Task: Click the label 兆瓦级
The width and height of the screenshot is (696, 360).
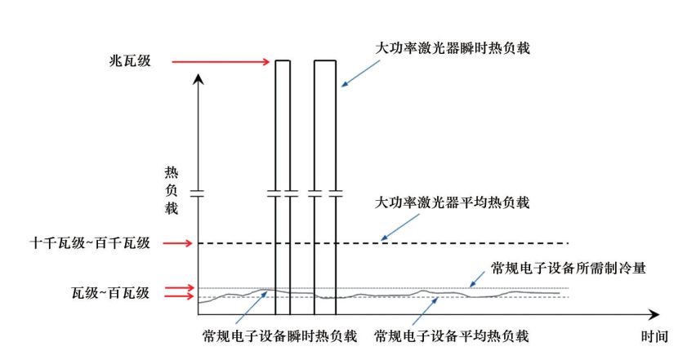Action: pyautogui.click(x=130, y=61)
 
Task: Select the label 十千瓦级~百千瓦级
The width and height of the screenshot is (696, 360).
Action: pyautogui.click(x=89, y=242)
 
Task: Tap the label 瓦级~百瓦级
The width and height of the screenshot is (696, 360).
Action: pyautogui.click(x=110, y=291)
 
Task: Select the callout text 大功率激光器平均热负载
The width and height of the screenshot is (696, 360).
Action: pyautogui.click(x=453, y=202)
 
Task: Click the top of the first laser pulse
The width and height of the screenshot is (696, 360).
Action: pyautogui.click(x=283, y=60)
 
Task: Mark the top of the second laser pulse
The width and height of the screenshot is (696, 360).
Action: pyautogui.click(x=327, y=60)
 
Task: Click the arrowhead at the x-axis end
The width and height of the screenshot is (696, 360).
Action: pyautogui.click(x=654, y=313)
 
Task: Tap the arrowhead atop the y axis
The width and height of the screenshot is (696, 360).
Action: pyautogui.click(x=199, y=79)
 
